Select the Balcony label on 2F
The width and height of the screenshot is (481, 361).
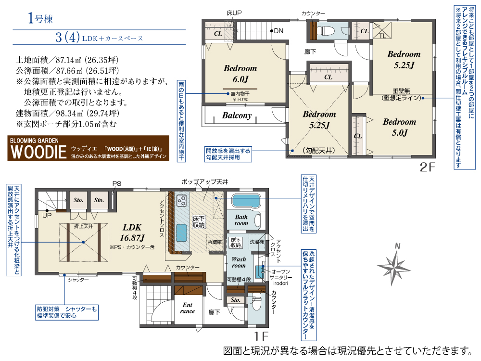point(237,116)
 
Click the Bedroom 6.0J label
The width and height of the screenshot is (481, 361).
point(240,74)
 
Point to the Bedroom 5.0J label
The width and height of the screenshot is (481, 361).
point(399,127)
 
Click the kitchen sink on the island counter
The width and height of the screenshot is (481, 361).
point(182,234)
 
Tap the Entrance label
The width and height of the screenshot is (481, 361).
point(187,308)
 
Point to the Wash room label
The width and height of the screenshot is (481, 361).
point(239,262)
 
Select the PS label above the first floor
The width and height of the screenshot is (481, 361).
point(117,183)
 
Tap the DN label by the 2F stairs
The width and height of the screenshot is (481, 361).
point(278,31)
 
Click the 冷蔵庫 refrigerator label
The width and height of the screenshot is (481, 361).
point(215,242)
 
